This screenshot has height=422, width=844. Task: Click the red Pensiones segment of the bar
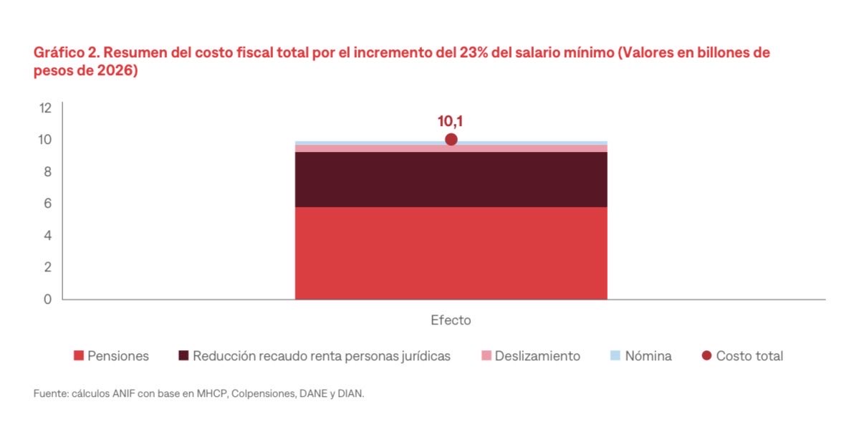[x=451, y=253]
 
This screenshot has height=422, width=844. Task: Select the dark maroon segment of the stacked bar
[x=451, y=179]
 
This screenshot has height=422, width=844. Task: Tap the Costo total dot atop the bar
[x=451, y=140]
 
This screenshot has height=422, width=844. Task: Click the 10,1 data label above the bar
[x=451, y=121]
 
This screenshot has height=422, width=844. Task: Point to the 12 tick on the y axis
[x=46, y=108]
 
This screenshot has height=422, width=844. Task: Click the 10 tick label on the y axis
[x=46, y=140]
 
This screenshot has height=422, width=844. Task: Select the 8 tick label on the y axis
[x=47, y=172]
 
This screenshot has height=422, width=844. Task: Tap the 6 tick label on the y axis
[x=47, y=203]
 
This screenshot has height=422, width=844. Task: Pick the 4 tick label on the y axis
[x=47, y=236]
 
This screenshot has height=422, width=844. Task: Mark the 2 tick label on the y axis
[x=47, y=267]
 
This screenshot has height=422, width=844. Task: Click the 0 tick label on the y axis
[x=47, y=299]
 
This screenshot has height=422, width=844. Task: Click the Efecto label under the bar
[x=451, y=320]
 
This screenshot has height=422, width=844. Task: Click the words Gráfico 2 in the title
[x=63, y=53]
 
